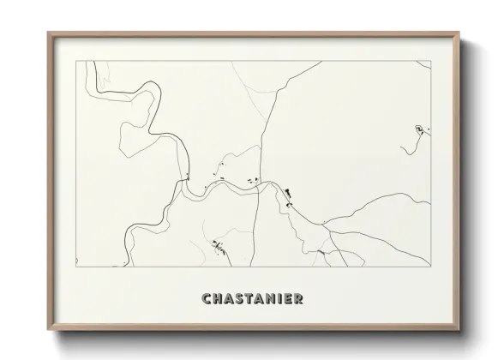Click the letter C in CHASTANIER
tap(206, 299)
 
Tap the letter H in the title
tap(217, 299)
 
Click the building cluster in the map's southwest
tap(219, 247)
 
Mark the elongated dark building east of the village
tap(289, 193)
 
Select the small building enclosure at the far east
tap(419, 129)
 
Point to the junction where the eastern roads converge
tap(324, 225)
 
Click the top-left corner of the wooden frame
tap(49, 33)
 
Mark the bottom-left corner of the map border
tap(76, 266)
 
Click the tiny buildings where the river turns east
tap(187, 177)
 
